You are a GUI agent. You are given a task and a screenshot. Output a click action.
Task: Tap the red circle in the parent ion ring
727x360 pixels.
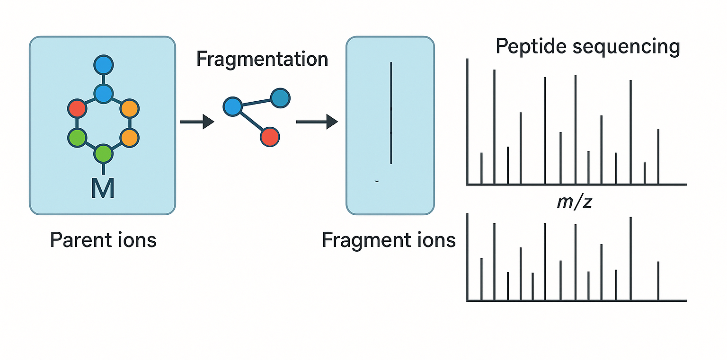(x=77, y=109)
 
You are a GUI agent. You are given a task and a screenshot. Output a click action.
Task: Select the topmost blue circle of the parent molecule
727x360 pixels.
(x=103, y=65)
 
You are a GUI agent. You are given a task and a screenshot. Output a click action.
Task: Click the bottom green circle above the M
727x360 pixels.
(x=103, y=154)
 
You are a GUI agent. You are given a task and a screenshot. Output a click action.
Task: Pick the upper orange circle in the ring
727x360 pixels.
(x=129, y=109)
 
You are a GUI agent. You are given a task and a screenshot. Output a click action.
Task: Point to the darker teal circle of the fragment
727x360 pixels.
(x=280, y=98)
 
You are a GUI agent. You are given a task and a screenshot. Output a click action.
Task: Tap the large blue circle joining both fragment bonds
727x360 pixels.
(x=232, y=106)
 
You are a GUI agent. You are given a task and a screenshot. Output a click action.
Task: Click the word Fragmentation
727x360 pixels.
(x=262, y=60)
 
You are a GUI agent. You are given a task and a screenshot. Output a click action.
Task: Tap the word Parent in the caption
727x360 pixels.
(x=78, y=240)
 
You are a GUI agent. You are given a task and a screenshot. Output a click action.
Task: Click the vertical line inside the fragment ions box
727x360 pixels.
(x=391, y=114)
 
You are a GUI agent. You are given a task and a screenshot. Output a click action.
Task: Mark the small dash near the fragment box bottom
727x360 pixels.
(x=376, y=181)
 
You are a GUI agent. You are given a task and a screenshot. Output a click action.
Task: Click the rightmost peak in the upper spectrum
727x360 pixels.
(x=658, y=157)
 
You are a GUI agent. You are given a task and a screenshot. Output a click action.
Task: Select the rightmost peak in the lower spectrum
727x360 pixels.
(x=658, y=281)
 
